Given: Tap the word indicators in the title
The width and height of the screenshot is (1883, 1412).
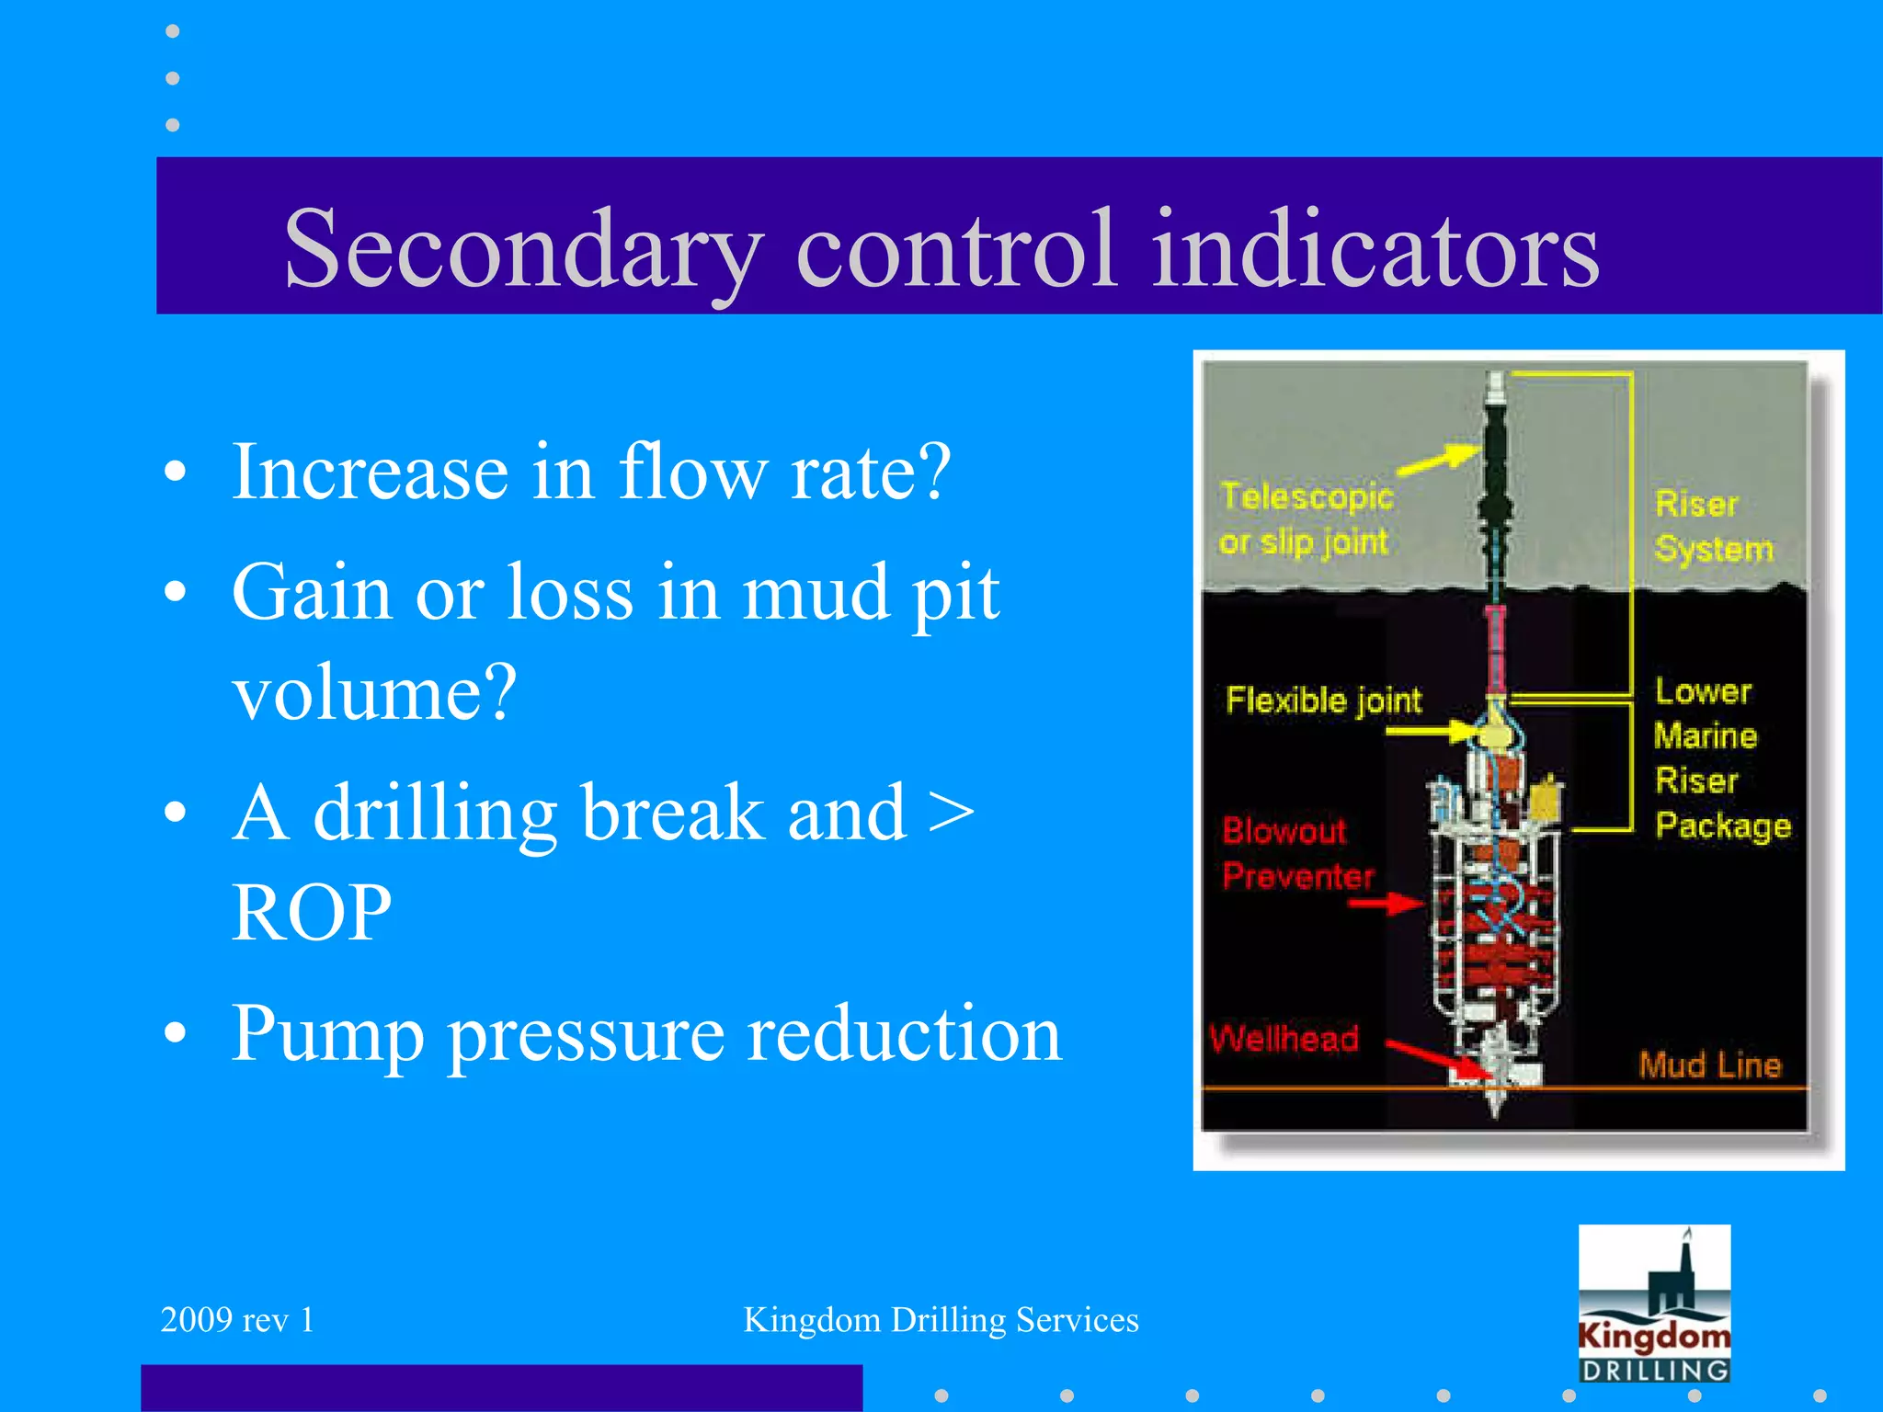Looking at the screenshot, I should point(1375,250).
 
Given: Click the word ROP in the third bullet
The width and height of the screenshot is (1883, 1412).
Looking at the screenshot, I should point(312,913).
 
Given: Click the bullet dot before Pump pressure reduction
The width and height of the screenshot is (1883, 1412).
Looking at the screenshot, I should point(175,1033).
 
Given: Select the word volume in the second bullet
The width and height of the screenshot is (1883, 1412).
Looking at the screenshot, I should point(373,693).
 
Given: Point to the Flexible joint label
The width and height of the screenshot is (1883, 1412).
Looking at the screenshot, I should point(1323,700).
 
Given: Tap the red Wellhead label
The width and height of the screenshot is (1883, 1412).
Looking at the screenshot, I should point(1284,1039).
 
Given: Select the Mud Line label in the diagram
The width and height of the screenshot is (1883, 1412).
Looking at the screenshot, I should point(1709,1065).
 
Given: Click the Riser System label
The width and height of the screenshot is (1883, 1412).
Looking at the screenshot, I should point(1712,526).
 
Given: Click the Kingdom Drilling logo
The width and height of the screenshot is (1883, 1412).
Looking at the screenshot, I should point(1654,1304).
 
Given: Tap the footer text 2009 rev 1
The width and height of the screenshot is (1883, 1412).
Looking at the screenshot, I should point(237,1320).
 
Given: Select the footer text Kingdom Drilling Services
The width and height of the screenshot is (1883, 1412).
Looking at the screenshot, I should point(941,1320).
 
